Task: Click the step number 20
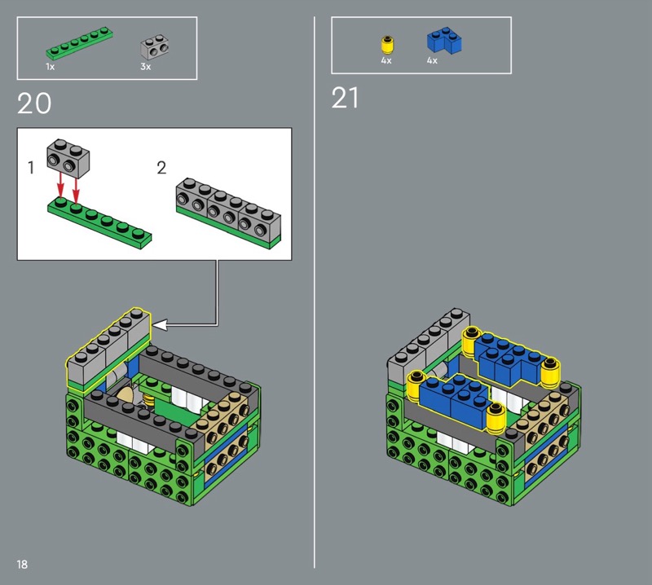[34, 103]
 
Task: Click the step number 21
[345, 98]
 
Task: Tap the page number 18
[22, 564]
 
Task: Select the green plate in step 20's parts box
[79, 43]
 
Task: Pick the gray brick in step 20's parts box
[155, 47]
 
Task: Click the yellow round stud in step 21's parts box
[388, 46]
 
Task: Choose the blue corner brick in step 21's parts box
[444, 41]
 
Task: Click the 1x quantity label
[50, 67]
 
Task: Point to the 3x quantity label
[146, 67]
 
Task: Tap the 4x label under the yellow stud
[386, 61]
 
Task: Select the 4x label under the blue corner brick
[432, 61]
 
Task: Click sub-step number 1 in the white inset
[30, 168]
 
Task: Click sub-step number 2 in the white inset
[161, 168]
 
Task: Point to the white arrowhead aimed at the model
[160, 325]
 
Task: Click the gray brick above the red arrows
[68, 158]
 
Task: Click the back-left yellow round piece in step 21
[471, 341]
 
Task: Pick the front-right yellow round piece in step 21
[496, 416]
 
